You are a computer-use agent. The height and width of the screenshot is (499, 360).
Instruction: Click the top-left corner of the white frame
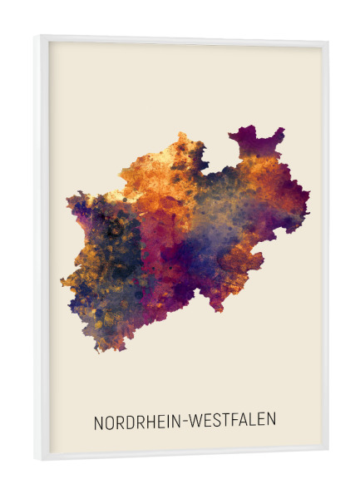click(37, 37)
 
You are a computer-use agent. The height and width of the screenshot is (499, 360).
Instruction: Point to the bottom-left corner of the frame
click(38, 458)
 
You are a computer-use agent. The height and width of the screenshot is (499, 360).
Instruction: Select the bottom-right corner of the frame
click(327, 450)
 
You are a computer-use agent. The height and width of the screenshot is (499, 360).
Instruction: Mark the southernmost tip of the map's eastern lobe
click(218, 310)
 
